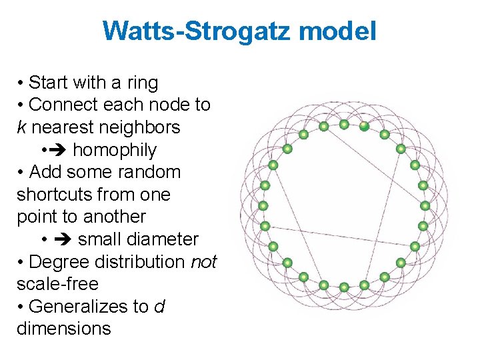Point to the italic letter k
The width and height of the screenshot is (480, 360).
coord(21,127)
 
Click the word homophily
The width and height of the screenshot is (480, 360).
coord(114,150)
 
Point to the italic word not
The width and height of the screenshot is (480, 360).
coord(204,262)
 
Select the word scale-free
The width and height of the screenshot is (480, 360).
coord(57,284)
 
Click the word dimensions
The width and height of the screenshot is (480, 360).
coord(63,329)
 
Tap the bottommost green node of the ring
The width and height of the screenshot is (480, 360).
coord(344,287)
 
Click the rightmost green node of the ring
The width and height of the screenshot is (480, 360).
coord(425,206)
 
